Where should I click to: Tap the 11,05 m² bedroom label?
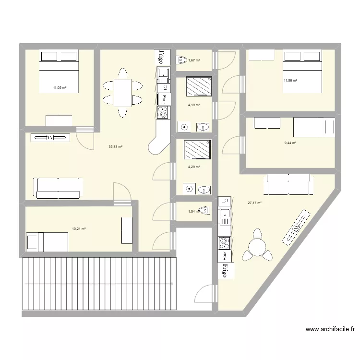[60, 88]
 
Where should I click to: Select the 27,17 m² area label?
[254, 203]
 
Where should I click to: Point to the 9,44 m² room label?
[290, 143]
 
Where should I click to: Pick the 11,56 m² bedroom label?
[290, 80]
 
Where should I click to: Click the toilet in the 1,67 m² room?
[181, 60]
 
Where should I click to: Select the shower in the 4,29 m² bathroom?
[198, 149]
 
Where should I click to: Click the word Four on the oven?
[164, 99]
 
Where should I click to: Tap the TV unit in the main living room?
[50, 138]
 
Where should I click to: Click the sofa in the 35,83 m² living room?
[57, 188]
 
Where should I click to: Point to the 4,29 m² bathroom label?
[194, 167]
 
